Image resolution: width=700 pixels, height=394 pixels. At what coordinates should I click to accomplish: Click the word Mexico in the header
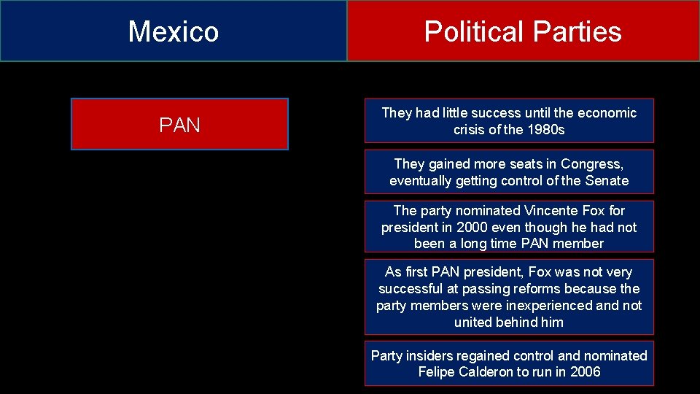[x=174, y=31]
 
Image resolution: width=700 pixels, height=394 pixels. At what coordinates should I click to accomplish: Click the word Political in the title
[x=474, y=31]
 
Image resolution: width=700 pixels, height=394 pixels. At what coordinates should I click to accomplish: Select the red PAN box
[x=179, y=125]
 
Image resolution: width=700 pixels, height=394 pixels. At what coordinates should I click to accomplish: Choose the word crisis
[x=470, y=130]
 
